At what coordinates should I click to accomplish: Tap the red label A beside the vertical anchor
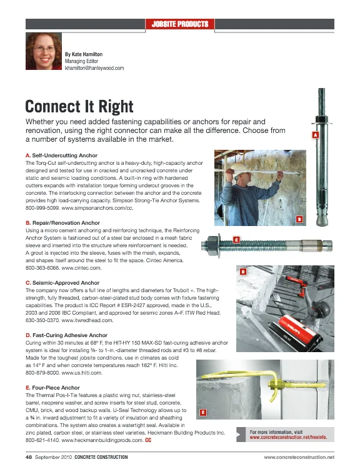click(315, 135)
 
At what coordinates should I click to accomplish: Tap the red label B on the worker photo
click(299, 219)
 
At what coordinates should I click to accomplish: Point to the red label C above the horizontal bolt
click(236, 239)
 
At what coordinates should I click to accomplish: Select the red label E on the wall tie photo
click(203, 412)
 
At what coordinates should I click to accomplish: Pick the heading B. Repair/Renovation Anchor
click(66, 223)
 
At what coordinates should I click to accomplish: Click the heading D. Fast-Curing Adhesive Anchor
click(72, 335)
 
